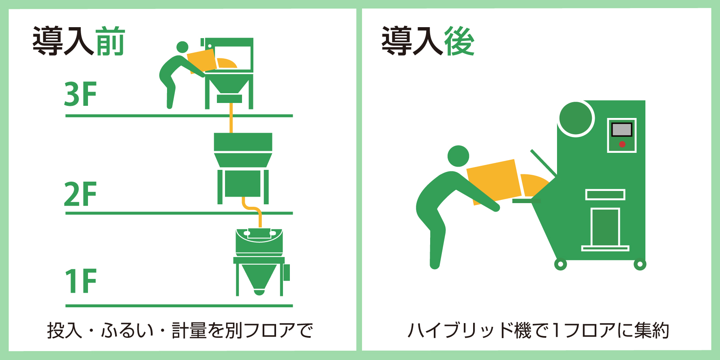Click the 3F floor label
click(x=80, y=94)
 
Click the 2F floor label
click(x=80, y=194)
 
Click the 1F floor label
click(x=80, y=281)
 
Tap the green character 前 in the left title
click(x=110, y=41)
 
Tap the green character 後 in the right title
click(x=459, y=41)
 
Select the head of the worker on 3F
click(x=182, y=47)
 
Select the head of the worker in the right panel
click(x=458, y=156)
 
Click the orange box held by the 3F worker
click(x=202, y=61)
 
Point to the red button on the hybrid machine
click(x=622, y=144)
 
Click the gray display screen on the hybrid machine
click(x=621, y=130)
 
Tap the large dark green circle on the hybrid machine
click(x=575, y=118)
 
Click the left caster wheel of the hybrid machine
click(x=560, y=265)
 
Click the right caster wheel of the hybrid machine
click(x=640, y=265)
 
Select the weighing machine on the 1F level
click(x=259, y=259)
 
